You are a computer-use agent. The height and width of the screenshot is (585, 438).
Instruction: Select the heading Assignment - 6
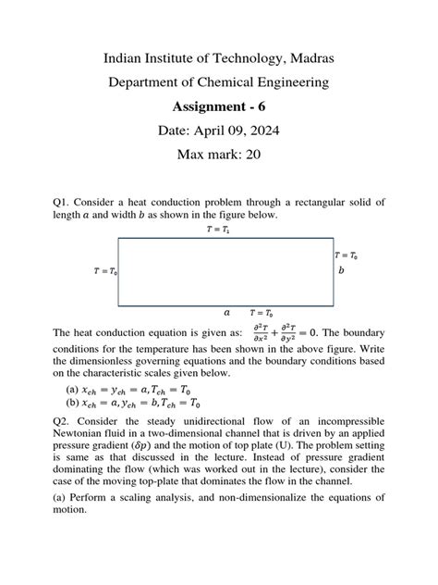click(x=218, y=106)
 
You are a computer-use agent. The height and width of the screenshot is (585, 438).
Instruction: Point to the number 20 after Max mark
click(x=251, y=155)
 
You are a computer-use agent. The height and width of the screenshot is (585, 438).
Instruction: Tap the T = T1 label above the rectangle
click(x=219, y=229)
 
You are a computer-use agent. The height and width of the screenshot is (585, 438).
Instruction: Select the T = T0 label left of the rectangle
click(x=104, y=271)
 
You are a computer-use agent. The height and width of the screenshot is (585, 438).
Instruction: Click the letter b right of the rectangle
click(x=341, y=270)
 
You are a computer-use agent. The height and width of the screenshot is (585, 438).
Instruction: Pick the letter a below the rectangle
click(x=226, y=313)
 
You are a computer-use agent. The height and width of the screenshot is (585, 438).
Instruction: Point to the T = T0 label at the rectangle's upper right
click(x=346, y=255)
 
